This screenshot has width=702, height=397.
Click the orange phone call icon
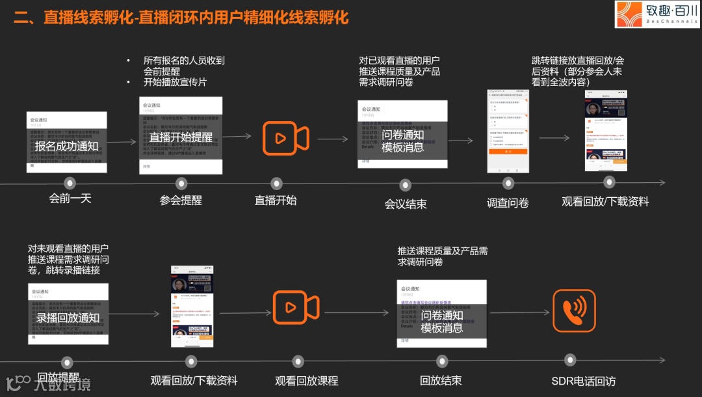tap(574, 310)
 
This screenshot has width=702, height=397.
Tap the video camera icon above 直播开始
tap(285, 138)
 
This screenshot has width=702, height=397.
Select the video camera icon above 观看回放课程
tap(296, 307)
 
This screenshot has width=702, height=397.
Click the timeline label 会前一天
tap(70, 198)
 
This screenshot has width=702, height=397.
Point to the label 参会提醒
tap(181, 200)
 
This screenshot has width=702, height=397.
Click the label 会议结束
tap(406, 204)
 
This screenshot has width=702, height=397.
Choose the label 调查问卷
tap(508, 203)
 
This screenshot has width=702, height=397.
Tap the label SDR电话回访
tap(583, 381)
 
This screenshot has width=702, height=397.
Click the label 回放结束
tap(441, 381)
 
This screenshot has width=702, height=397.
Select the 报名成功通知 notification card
tap(67, 142)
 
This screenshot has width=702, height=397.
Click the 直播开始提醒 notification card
tap(181, 136)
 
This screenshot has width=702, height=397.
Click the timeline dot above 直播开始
tap(276, 184)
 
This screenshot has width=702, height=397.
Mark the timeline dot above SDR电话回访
tap(570, 359)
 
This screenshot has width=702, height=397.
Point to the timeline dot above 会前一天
tap(70, 184)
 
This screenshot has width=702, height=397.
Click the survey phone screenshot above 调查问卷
tap(507, 131)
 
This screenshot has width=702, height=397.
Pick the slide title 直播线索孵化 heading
tap(181, 18)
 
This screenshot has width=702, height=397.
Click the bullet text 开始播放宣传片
tap(175, 83)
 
